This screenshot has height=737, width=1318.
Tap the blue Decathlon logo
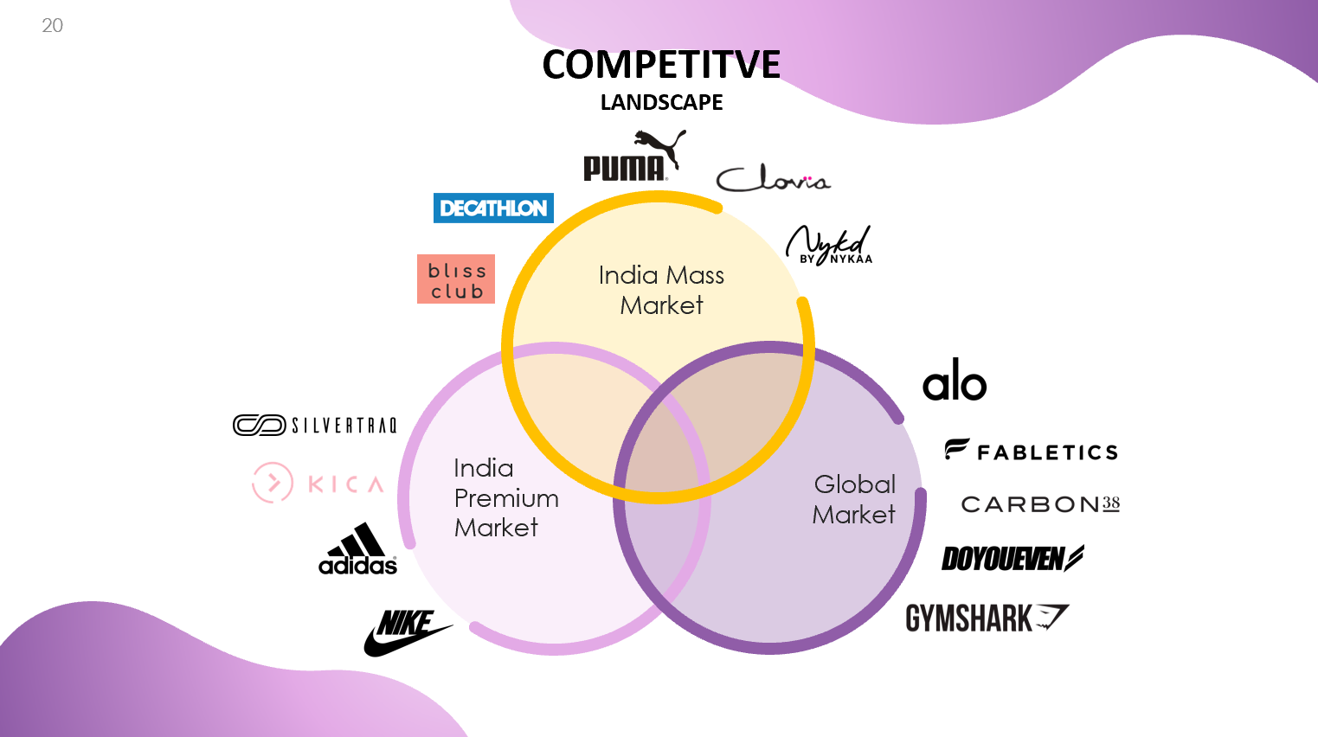(493, 208)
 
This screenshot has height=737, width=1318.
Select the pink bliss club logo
(456, 279)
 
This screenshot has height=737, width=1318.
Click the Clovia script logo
(772, 178)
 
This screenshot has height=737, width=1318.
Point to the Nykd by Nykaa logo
(829, 246)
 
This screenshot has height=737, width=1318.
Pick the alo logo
(955, 381)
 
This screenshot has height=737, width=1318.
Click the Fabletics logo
(1032, 451)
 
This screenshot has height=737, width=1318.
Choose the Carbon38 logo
(1040, 504)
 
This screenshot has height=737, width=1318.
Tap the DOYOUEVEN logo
(1012, 559)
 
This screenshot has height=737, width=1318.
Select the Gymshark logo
(987, 618)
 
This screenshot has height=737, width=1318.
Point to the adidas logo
(358, 549)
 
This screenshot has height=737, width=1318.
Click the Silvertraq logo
(315, 425)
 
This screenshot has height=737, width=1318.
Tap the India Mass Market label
(661, 290)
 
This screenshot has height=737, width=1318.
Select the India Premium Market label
(505, 497)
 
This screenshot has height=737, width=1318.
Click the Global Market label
(854, 499)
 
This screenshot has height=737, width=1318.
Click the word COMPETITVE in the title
(661, 65)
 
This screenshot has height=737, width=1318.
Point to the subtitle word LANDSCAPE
(661, 102)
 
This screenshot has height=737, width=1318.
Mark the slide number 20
(52, 26)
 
